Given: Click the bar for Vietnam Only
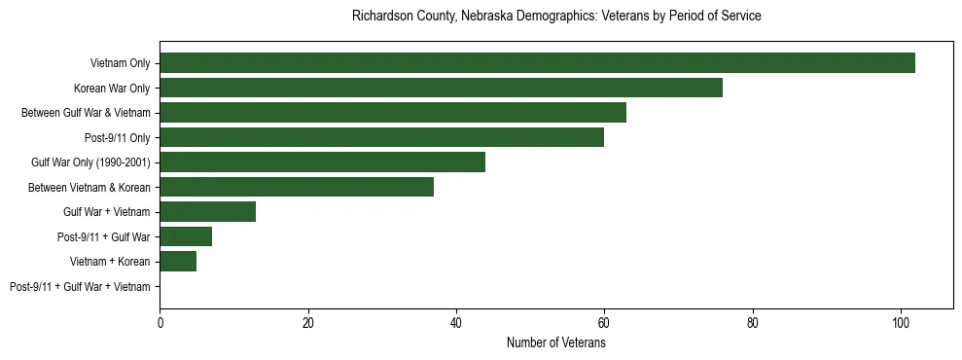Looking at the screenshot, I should point(537,63).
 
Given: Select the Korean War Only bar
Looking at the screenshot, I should point(441,88).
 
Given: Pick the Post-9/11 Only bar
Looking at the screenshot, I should point(381,137).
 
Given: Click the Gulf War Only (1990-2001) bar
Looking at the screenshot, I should point(322,162).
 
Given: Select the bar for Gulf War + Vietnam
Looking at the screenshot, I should point(207,212).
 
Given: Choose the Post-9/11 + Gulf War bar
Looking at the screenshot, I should point(186,236).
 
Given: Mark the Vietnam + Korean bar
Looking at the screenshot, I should point(178,262).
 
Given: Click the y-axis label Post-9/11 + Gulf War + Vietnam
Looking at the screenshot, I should point(80,287).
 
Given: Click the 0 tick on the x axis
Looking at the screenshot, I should point(160,324).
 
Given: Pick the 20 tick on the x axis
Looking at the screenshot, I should point(308,324).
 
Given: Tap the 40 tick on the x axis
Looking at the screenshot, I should point(456,324).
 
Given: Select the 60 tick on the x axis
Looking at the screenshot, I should point(604,324).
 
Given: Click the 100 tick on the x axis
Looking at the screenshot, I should point(901,324).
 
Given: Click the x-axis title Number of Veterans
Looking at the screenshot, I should point(555,343).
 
